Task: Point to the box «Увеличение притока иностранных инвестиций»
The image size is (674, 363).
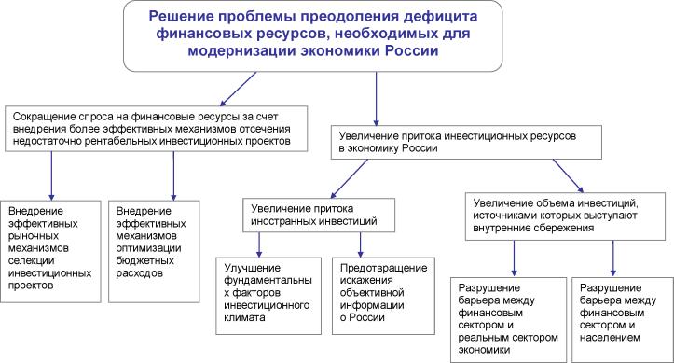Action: [311, 216]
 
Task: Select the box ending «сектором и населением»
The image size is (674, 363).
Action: [619, 309]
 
